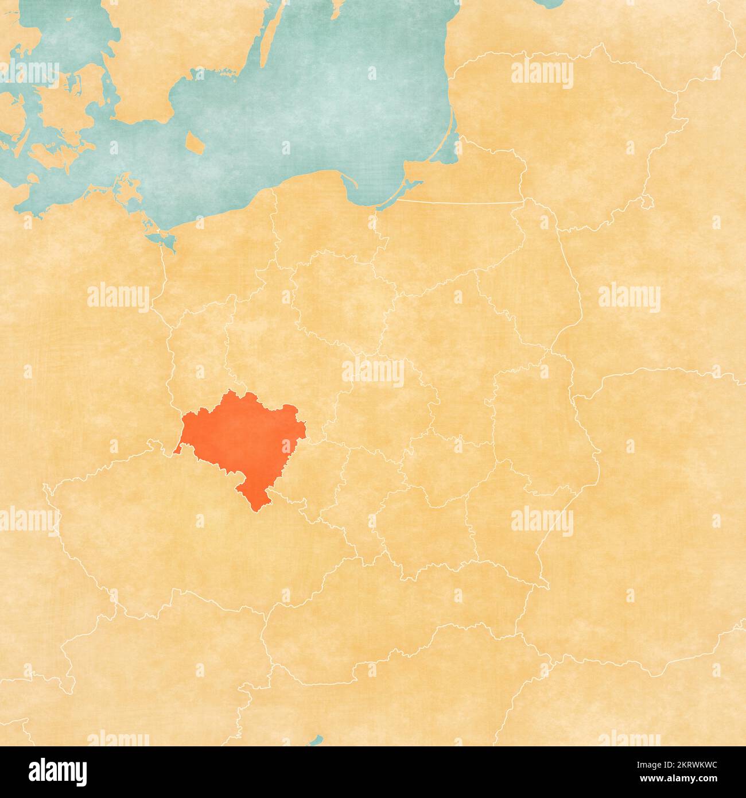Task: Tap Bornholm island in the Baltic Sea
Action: pos(195,142)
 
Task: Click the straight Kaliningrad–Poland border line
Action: pos(459,202)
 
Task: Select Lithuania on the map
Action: pos(574,132)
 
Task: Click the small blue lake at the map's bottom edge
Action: pos(314,741)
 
